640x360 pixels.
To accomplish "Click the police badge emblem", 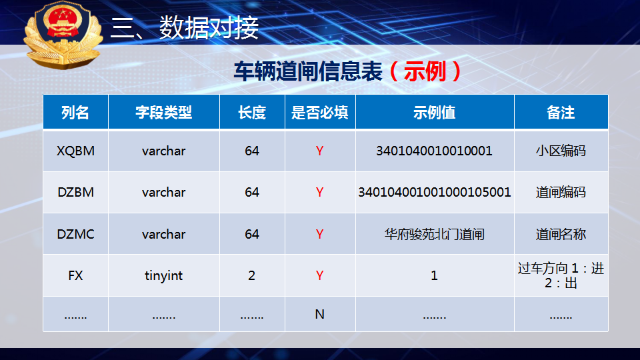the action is pyautogui.click(x=63, y=34).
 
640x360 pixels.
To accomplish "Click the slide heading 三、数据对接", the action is pyautogui.click(x=185, y=28).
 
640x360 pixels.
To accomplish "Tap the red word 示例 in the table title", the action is pyautogui.click(x=425, y=71).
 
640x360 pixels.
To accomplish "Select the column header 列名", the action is pyautogui.click(x=75, y=112).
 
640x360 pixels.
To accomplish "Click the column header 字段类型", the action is pyautogui.click(x=164, y=112).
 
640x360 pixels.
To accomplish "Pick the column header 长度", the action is pyautogui.click(x=252, y=112).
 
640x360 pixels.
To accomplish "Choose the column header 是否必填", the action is pyautogui.click(x=319, y=112).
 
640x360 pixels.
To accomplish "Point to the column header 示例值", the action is pyautogui.click(x=434, y=112).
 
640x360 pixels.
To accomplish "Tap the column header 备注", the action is pyautogui.click(x=561, y=112).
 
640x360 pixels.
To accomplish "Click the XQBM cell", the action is pyautogui.click(x=75, y=151).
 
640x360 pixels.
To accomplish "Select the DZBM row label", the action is pyautogui.click(x=75, y=192).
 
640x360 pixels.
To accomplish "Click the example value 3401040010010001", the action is pyautogui.click(x=434, y=151).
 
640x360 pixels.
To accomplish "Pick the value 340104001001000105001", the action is pyautogui.click(x=434, y=192).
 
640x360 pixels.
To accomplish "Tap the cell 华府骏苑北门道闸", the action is pyautogui.click(x=434, y=234).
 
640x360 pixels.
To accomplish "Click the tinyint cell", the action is pyautogui.click(x=164, y=276).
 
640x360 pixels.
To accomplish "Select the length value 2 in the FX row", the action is pyautogui.click(x=252, y=275).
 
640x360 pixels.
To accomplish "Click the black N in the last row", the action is pyautogui.click(x=319, y=314).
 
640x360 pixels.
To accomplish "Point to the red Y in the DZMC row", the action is pyautogui.click(x=319, y=234).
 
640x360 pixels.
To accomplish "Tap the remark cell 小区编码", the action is pyautogui.click(x=561, y=151).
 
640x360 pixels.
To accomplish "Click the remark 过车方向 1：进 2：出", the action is pyautogui.click(x=561, y=275).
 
